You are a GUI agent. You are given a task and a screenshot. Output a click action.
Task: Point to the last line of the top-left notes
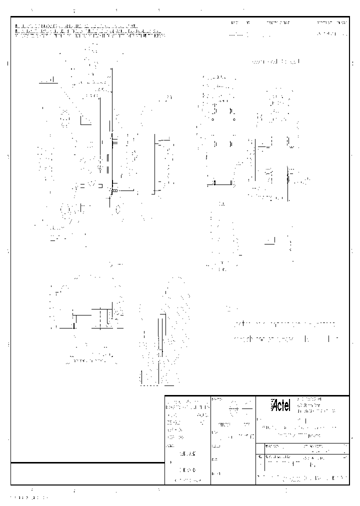coord(90,35)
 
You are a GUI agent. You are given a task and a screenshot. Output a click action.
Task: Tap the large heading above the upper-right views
coord(276,61)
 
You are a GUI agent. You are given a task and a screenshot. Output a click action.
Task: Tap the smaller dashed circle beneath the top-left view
coord(118,209)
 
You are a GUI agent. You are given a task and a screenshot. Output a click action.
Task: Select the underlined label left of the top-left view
coord(48,80)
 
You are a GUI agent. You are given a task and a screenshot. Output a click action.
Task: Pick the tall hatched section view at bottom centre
coord(159,340)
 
